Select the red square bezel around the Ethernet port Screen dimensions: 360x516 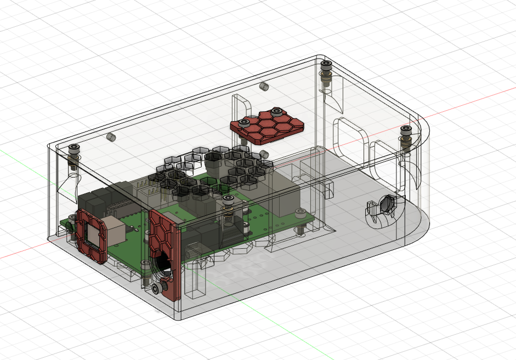point(90,235)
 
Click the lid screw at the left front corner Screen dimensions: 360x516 point(73,148)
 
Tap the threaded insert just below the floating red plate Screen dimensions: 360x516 point(264,154)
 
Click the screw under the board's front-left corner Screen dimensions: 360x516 point(72,233)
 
